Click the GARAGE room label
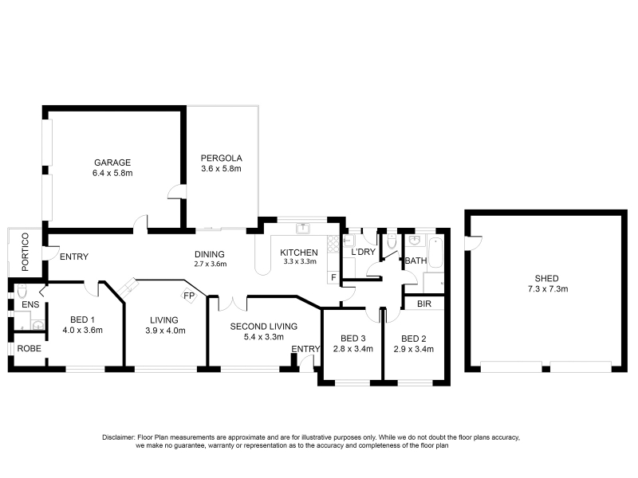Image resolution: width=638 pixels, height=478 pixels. (112, 163)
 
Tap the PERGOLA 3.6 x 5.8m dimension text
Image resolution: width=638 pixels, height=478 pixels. (222, 168)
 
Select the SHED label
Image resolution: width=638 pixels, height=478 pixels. (546, 278)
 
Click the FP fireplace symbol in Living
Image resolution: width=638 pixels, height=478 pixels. (189, 296)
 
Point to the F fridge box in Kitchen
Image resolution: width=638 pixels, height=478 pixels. (333, 277)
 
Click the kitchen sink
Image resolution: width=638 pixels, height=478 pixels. (303, 229)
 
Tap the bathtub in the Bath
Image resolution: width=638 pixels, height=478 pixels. (435, 253)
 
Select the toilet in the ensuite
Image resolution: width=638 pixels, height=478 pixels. (22, 291)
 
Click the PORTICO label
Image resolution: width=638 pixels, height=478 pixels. (26, 252)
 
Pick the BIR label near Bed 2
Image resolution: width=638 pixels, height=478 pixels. (424, 304)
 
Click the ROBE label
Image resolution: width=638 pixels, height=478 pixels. (30, 348)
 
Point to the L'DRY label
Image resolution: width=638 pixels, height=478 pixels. (363, 252)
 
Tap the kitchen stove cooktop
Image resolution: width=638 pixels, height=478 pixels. (333, 243)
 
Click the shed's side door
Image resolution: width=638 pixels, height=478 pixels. (472, 243)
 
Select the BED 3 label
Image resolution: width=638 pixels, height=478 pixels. (353, 338)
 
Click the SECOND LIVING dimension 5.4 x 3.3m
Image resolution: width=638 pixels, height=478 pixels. (264, 336)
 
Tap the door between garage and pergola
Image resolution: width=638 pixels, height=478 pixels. (177, 192)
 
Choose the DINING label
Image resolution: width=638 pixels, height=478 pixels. (210, 254)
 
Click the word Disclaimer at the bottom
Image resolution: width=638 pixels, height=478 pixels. (118, 437)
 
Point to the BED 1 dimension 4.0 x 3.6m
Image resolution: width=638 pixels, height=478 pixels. (83, 330)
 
